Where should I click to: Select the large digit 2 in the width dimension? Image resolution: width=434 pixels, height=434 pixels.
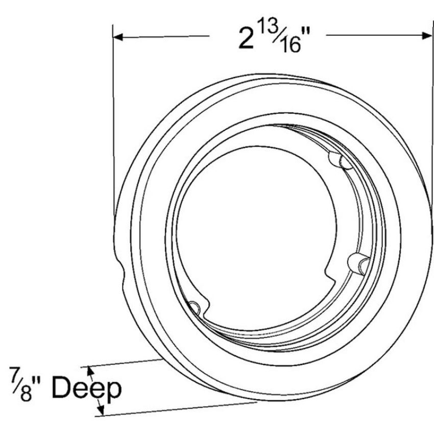(246, 39)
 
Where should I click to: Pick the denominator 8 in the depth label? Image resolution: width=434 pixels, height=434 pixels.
(26, 393)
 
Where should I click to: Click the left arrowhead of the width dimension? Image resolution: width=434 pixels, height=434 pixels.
(118, 37)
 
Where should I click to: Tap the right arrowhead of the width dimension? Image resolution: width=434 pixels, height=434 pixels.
(427, 35)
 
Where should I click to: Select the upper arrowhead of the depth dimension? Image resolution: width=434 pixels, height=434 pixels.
(90, 370)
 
